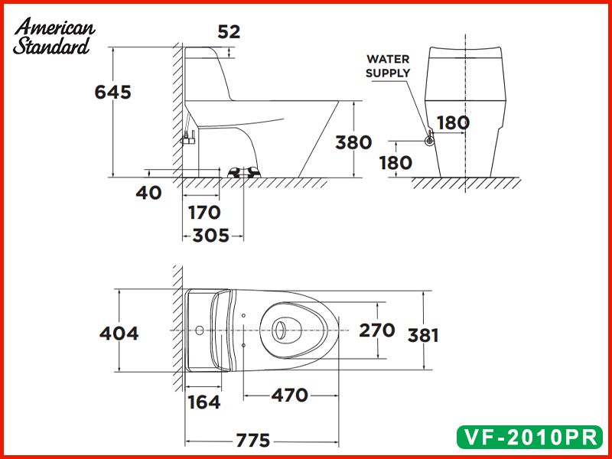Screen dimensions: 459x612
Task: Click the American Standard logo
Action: pos(54,37)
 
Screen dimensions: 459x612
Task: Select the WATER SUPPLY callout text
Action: pos(388,66)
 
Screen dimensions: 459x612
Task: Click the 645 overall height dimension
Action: pos(113,92)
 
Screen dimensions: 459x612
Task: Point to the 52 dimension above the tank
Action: pos(229,31)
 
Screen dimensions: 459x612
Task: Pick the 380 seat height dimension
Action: pos(353,142)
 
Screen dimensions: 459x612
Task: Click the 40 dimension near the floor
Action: pos(149,193)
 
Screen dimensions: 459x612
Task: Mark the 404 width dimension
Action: pos(119,334)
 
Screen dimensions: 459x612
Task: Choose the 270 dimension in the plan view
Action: pos(377,330)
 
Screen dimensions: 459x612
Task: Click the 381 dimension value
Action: pos(423,335)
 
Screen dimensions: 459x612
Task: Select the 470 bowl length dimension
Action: pos(289,396)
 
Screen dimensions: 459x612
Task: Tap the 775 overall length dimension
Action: pos(252,441)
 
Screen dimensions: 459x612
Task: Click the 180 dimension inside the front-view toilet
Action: pos(453,122)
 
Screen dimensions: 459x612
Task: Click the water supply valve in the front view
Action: pos(430,138)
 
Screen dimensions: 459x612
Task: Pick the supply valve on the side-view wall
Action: pos(188,138)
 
